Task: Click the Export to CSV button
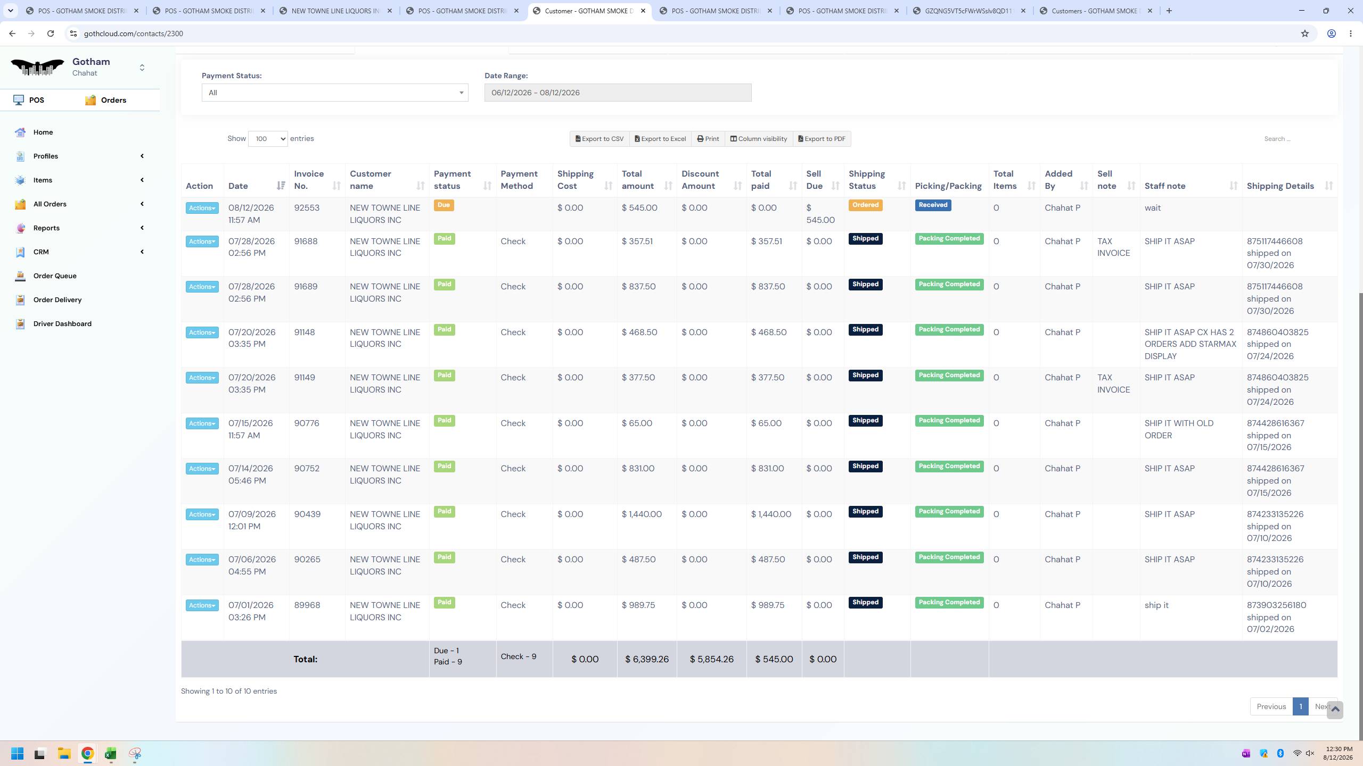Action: click(x=600, y=139)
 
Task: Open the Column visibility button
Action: click(x=759, y=139)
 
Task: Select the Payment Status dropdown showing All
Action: click(x=335, y=93)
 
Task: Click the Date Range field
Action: click(x=618, y=93)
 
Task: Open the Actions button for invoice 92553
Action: click(x=202, y=208)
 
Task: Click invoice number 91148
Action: click(x=305, y=332)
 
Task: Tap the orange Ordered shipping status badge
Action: click(x=865, y=205)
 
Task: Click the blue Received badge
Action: click(x=933, y=205)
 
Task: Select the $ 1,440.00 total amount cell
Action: click(x=642, y=514)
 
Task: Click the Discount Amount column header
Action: click(x=700, y=180)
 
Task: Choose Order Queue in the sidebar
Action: click(x=55, y=276)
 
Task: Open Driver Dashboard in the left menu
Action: click(x=62, y=323)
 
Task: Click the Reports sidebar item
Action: click(x=46, y=228)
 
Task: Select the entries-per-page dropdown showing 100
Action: click(x=268, y=139)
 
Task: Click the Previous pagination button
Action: click(x=1271, y=706)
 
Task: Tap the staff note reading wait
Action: click(x=1152, y=208)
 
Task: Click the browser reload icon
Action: click(x=51, y=34)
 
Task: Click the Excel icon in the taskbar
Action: click(x=111, y=753)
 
